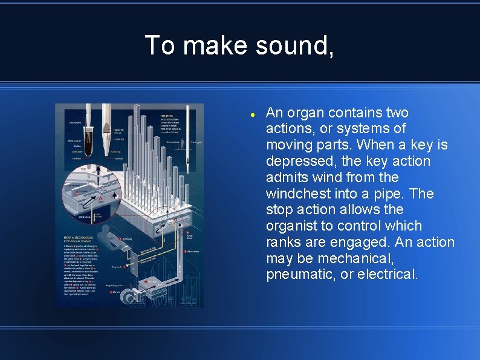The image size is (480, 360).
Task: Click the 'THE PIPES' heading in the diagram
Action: [169, 116]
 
